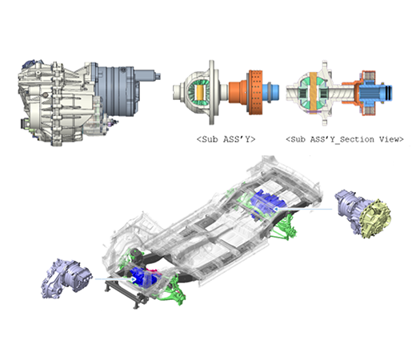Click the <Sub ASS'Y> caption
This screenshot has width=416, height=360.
pyautogui.click(x=226, y=139)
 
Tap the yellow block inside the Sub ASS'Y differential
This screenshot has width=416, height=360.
pyautogui.click(x=199, y=92)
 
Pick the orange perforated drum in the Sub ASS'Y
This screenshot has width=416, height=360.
pyautogui.click(x=256, y=92)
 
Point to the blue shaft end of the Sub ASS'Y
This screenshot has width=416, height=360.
pyautogui.click(x=271, y=92)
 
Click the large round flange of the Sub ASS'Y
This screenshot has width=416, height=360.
pyautogui.click(x=211, y=92)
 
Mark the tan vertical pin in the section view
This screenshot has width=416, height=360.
pyautogui.click(x=313, y=92)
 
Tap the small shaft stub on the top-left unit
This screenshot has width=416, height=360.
pyautogui.click(x=148, y=75)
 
